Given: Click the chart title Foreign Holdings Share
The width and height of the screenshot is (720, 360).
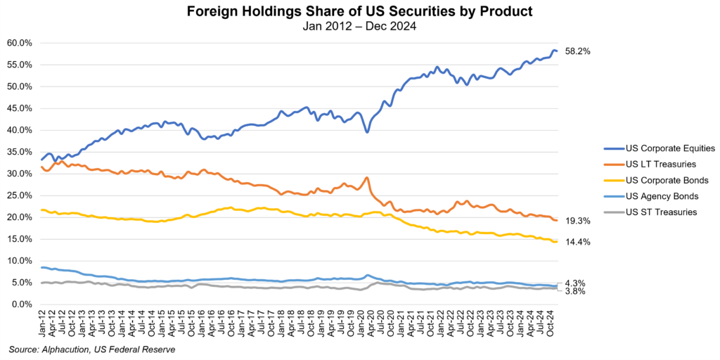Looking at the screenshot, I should pyautogui.click(x=359, y=12).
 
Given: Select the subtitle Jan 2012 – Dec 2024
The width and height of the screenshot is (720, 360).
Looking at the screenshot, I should pyautogui.click(x=359, y=27).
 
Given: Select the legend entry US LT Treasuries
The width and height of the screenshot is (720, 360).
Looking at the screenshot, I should pyautogui.click(x=660, y=165).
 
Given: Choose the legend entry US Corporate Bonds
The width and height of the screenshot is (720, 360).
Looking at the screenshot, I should pyautogui.click(x=663, y=181).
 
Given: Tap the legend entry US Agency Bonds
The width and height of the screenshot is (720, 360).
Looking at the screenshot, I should pyautogui.click(x=660, y=197).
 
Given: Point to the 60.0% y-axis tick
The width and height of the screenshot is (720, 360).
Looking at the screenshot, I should pyautogui.click(x=19, y=43).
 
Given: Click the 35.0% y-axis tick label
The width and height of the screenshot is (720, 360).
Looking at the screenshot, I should pyautogui.click(x=19, y=152).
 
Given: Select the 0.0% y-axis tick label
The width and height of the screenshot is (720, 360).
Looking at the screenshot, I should pyautogui.click(x=21, y=304).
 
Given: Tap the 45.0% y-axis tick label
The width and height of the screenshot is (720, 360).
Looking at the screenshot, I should pyautogui.click(x=19, y=108).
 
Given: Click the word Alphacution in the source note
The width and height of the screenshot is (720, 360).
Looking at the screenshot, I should pyautogui.click(x=66, y=349).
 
